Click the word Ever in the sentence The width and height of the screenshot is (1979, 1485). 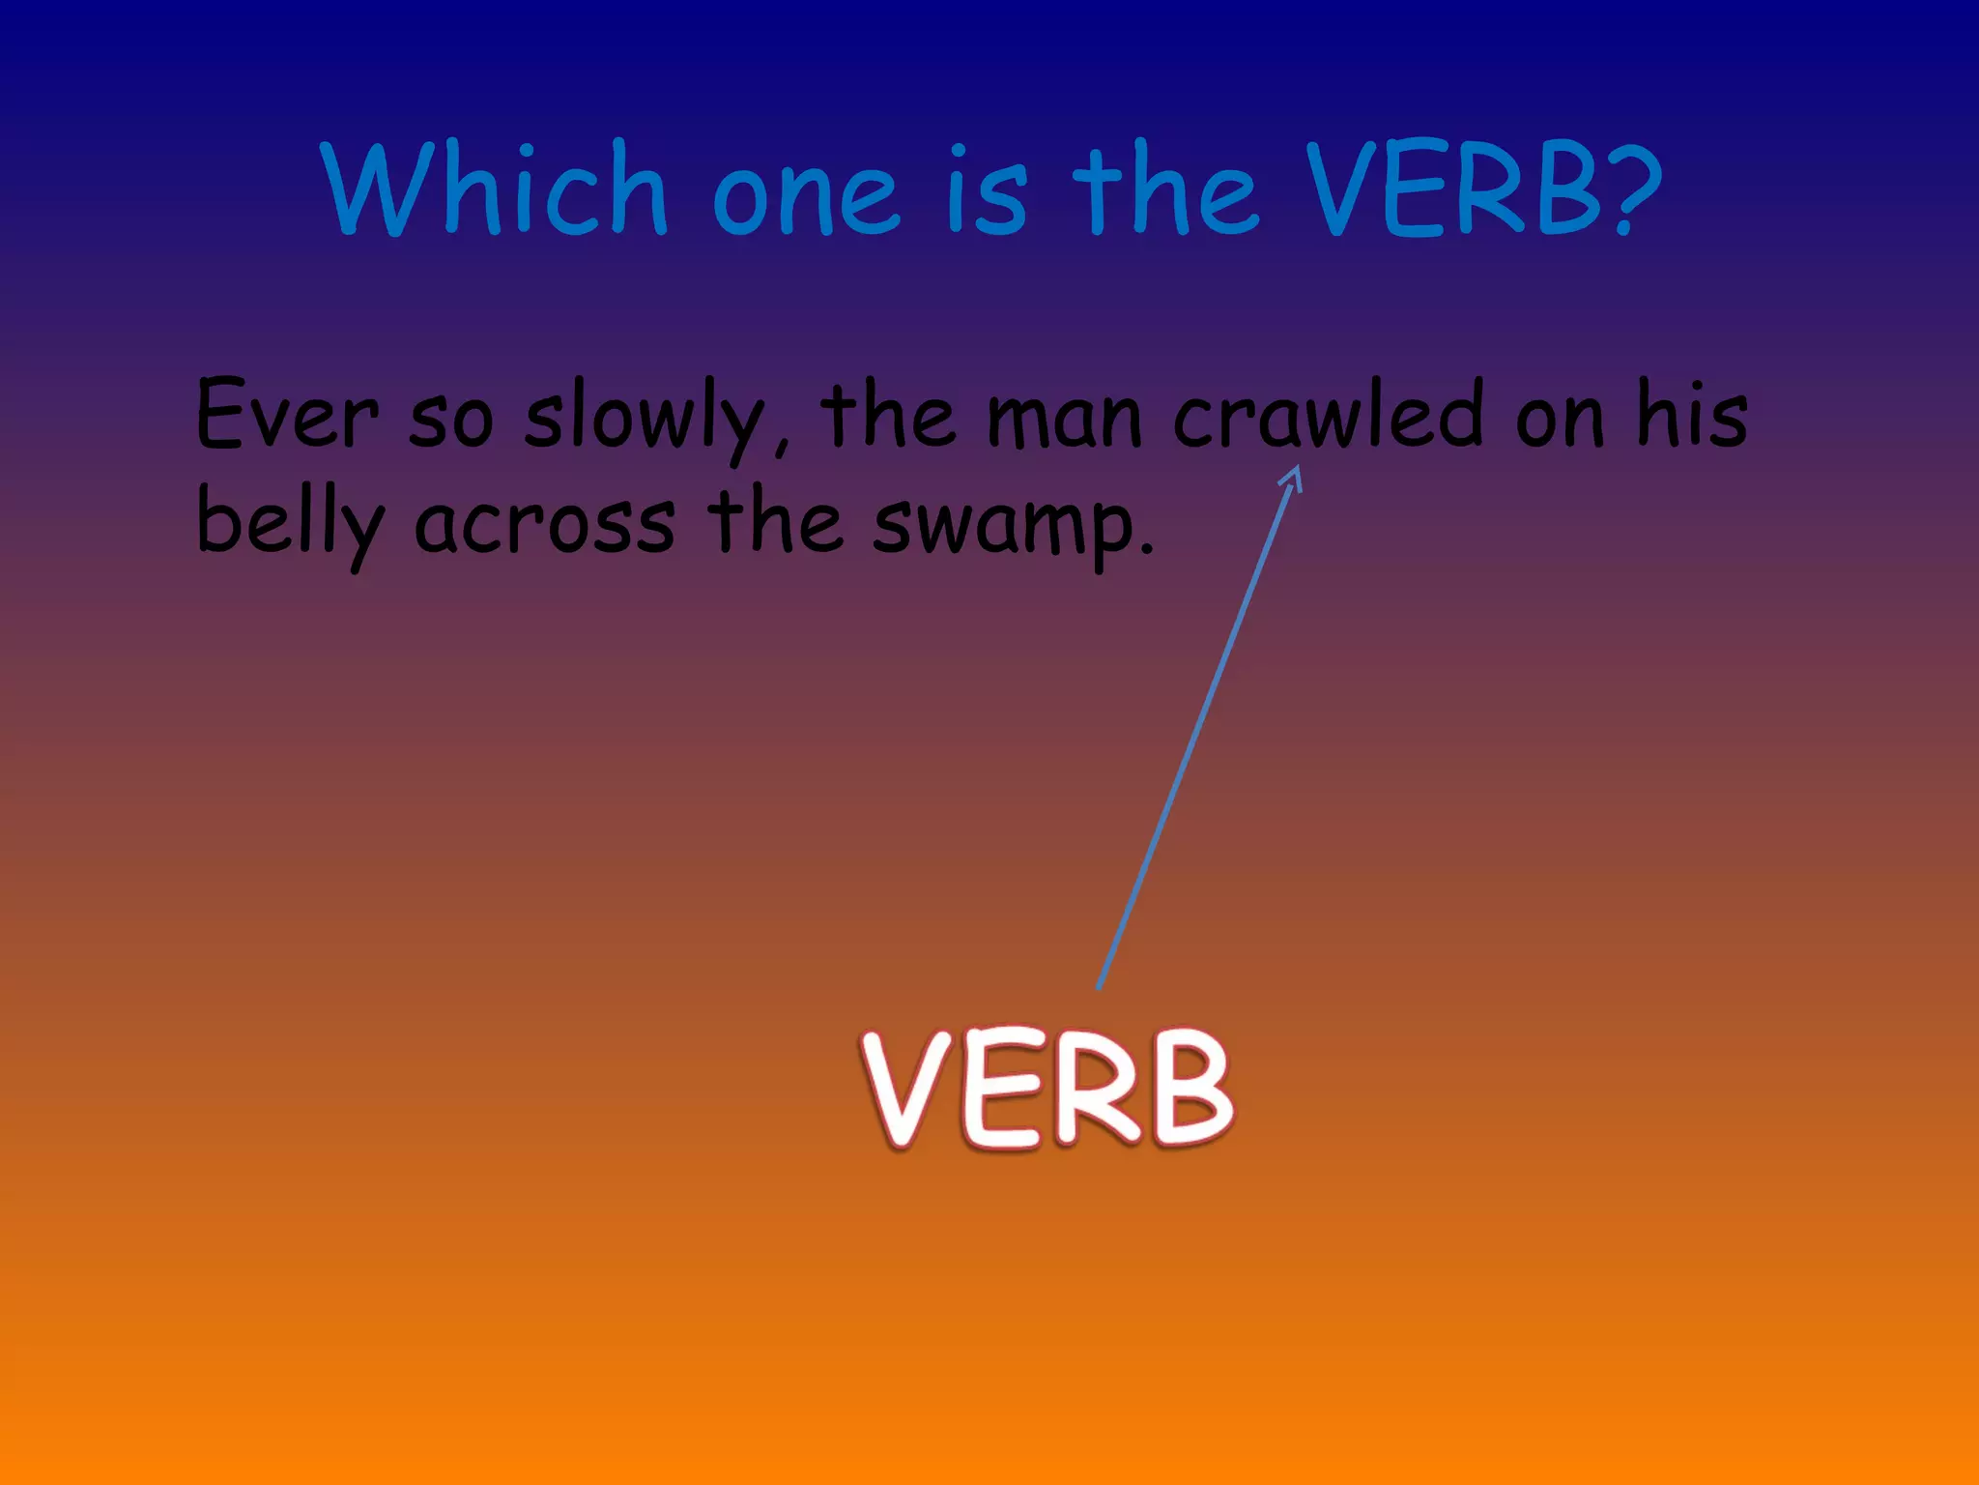(287, 416)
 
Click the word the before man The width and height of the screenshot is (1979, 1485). (888, 416)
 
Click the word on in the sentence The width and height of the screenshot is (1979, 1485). (1559, 422)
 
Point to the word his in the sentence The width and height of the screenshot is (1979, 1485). (1692, 416)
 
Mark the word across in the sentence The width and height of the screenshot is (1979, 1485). (545, 527)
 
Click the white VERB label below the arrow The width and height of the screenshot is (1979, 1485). (1047, 1089)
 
